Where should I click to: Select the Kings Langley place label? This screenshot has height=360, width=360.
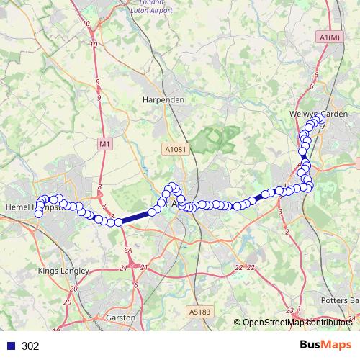(x=63, y=271)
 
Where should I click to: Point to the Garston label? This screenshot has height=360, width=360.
(x=120, y=317)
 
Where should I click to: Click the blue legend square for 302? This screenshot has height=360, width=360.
(x=10, y=346)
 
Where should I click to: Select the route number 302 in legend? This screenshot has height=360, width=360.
(x=30, y=346)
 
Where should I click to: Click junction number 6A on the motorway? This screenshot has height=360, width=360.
(x=128, y=250)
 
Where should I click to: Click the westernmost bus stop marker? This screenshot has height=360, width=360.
(x=38, y=212)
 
